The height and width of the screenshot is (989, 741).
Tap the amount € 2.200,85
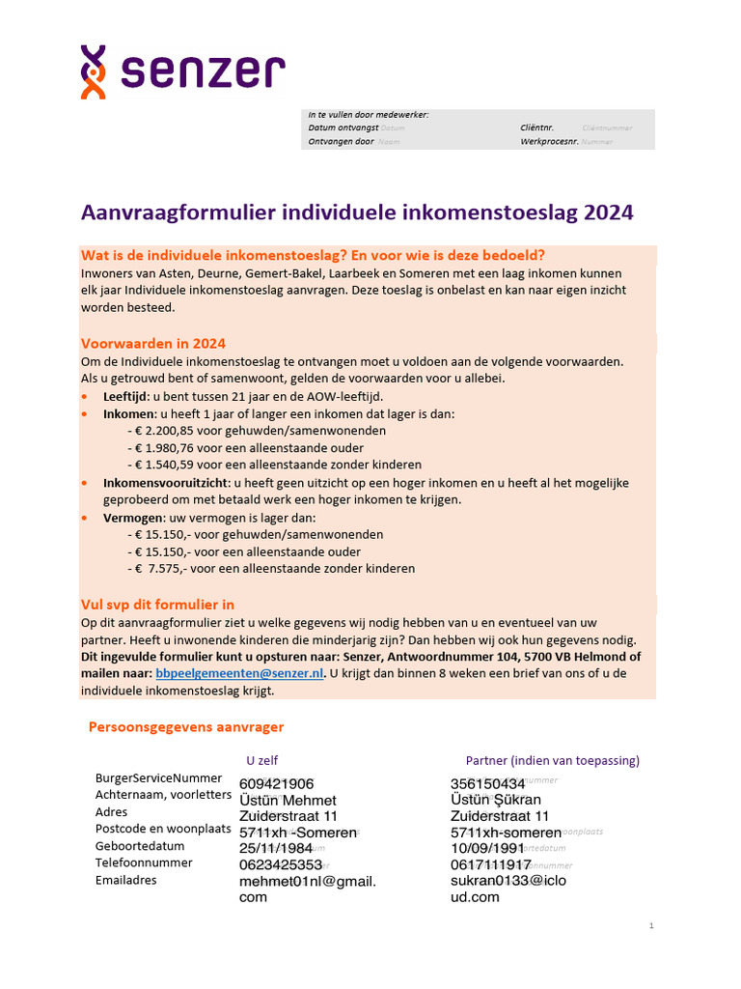171,431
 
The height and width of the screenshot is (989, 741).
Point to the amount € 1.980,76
171,448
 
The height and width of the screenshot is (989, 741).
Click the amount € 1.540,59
171,466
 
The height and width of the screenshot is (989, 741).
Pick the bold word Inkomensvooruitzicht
166,482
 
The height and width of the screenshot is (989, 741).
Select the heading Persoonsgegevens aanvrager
186,727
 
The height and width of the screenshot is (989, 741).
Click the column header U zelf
262,760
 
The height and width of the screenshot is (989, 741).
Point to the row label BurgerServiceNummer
158,777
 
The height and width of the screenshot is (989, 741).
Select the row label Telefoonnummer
144,862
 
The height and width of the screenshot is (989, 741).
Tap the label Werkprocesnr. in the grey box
549,141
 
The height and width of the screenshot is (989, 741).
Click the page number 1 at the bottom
651,926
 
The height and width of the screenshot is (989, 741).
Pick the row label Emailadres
125,880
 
